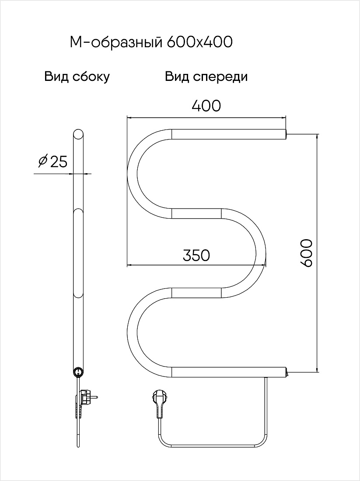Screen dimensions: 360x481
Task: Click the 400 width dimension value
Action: point(206,106)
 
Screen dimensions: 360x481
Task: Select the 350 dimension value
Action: point(196,255)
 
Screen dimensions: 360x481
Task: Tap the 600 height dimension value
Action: point(306,253)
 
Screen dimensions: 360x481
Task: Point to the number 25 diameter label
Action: point(58,161)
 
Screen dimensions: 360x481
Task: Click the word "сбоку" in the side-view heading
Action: point(91,77)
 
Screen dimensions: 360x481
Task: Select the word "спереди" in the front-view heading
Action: point(220,77)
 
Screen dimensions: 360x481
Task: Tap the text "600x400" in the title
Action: point(199,43)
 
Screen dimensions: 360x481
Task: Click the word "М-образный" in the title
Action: point(116,43)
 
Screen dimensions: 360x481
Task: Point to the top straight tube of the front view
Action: point(229,134)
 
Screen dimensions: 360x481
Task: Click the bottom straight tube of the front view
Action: point(229,372)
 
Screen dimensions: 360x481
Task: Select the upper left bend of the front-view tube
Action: point(132,174)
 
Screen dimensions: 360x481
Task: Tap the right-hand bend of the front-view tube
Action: point(261,253)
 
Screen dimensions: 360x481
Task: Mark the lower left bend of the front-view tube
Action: point(132,333)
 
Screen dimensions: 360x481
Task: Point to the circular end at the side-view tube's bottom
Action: point(78,372)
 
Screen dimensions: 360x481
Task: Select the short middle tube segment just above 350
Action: point(196,213)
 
